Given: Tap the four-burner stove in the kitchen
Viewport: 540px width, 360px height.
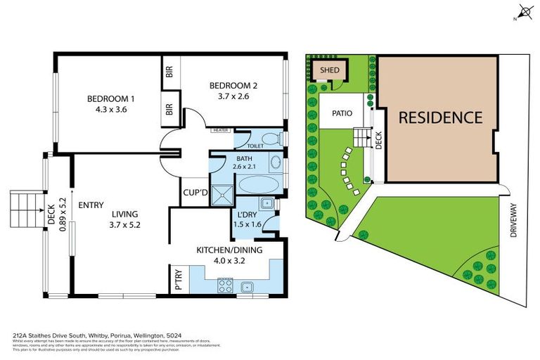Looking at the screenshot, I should tap(225, 286).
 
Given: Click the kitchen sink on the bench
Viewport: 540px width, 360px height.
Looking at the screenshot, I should tap(247, 286).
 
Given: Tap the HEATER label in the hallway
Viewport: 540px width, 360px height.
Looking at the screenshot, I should tap(221, 130).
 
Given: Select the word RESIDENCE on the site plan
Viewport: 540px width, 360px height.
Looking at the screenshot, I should tap(440, 117).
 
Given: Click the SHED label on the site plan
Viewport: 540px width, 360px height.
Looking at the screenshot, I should tap(329, 70).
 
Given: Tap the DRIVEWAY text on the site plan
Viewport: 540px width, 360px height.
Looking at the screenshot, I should tap(513, 220).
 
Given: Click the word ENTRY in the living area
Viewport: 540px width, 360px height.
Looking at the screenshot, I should tap(91, 205).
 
